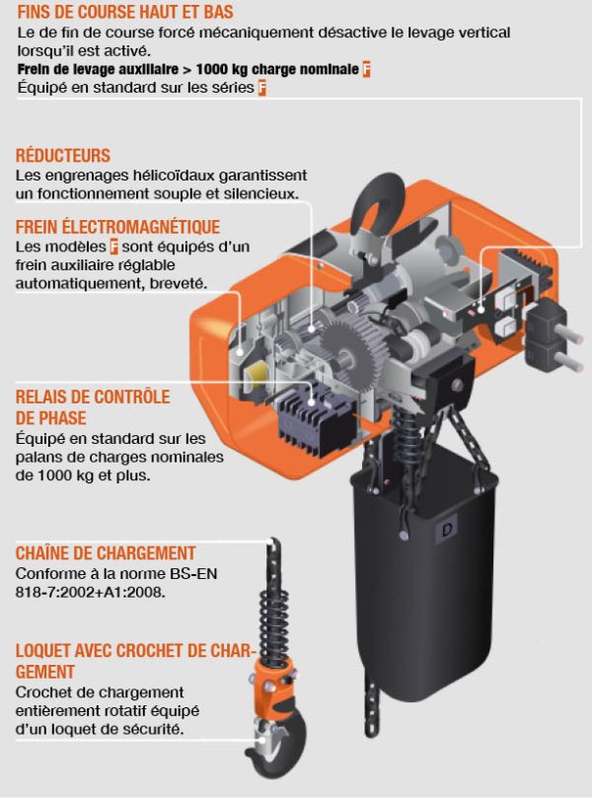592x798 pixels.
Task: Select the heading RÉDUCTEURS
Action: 63,156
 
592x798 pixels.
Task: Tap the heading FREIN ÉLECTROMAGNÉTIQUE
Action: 117,227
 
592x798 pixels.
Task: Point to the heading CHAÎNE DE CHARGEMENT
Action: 106,553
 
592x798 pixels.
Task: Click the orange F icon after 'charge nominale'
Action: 366,70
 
